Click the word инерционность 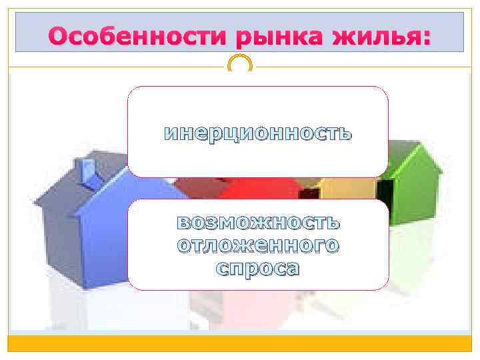(258, 133)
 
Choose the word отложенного (258, 245)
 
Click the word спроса (258, 268)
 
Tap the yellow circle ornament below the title (240, 65)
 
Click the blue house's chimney (86, 169)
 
